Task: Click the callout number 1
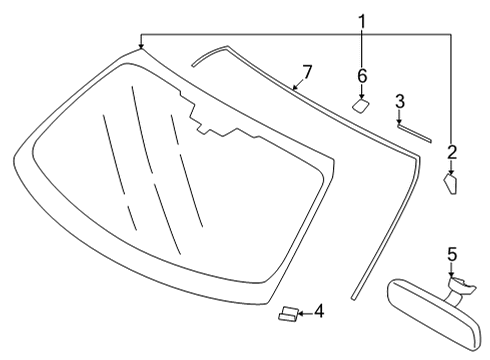tap(362, 19)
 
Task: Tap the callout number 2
tap(452, 152)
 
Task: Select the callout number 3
tap(399, 101)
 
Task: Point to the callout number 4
tap(319, 312)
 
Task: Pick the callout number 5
tap(451, 254)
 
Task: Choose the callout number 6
tap(362, 75)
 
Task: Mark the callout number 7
tap(307, 72)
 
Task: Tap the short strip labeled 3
tap(414, 130)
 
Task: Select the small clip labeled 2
tap(451, 185)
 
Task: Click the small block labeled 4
tap(287, 315)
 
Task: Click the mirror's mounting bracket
tap(461, 291)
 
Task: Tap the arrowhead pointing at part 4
tap(302, 313)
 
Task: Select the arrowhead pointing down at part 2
tap(452, 171)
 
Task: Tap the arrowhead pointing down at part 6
tap(362, 92)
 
